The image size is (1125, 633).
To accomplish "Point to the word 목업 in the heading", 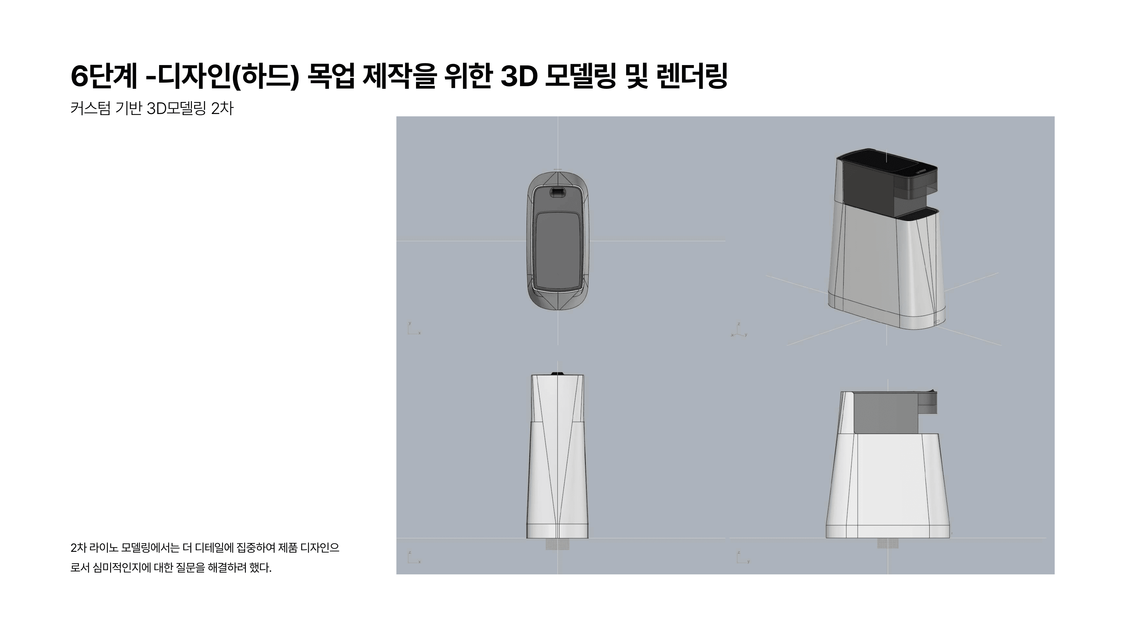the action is click(330, 76).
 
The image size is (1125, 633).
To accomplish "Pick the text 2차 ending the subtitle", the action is click(222, 108).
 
